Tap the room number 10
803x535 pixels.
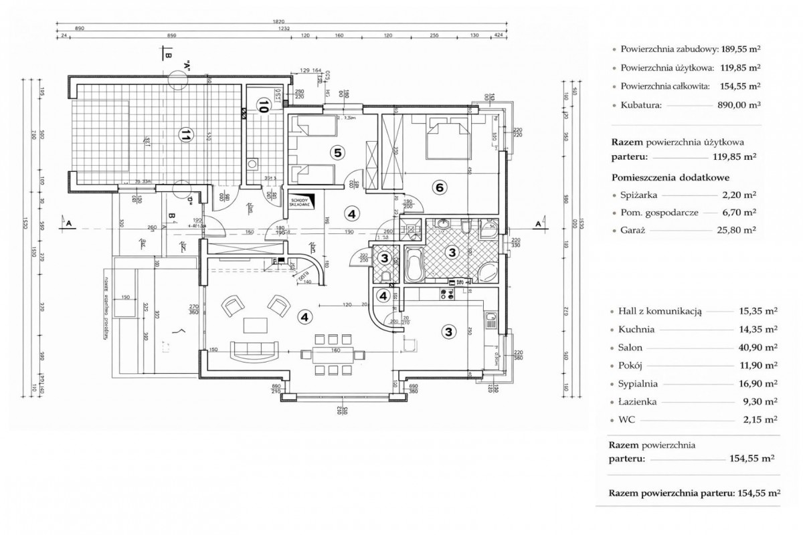coord(264,106)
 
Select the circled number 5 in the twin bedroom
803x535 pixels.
coord(338,153)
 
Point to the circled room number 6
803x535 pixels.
coord(439,187)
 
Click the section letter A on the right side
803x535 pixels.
coord(538,223)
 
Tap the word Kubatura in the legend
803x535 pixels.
coord(640,105)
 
